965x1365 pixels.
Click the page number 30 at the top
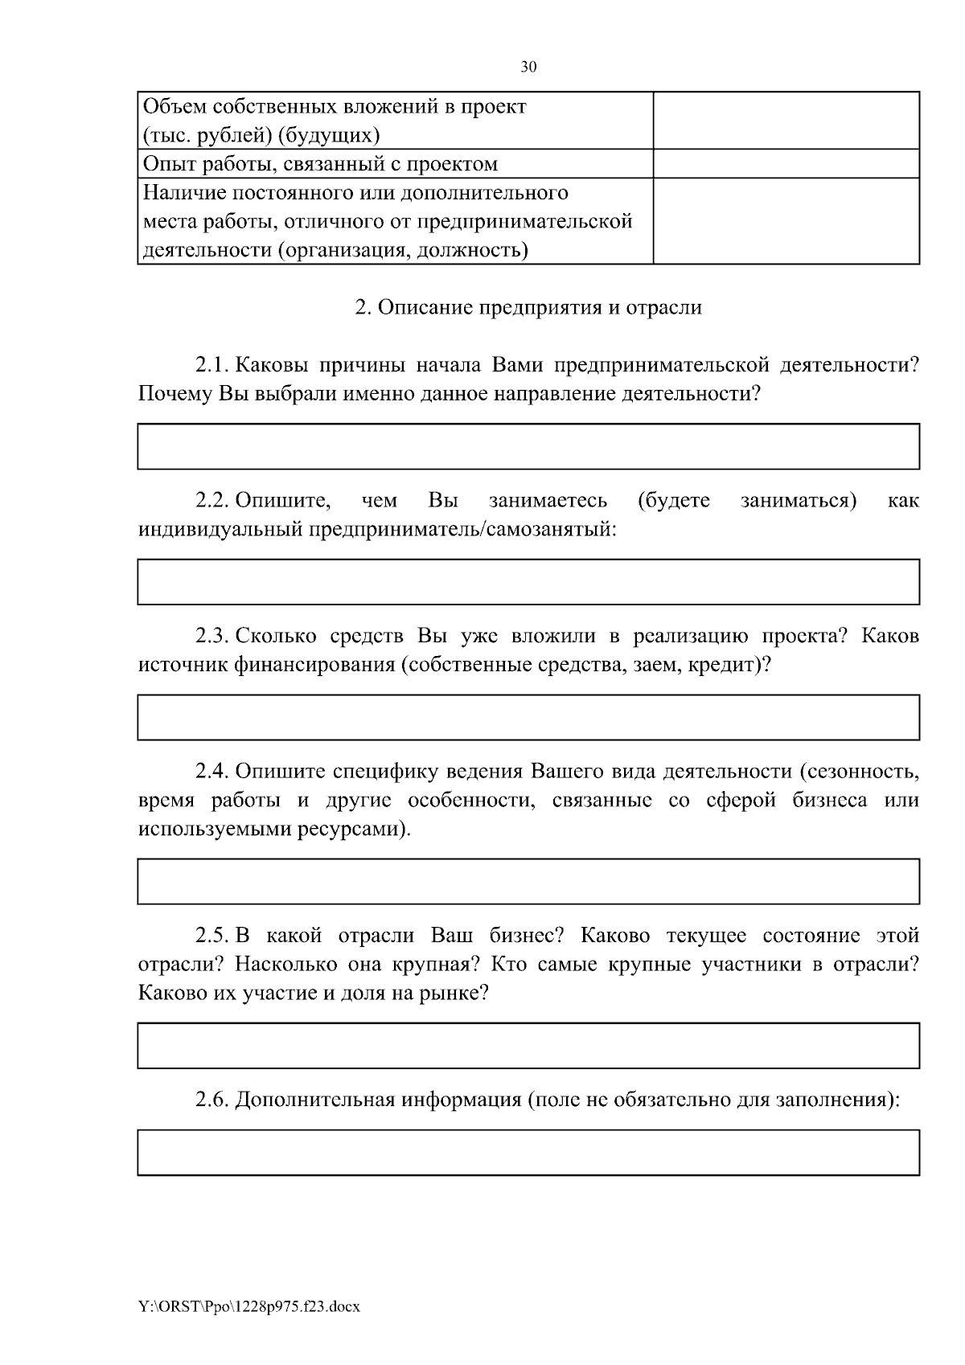[528, 68]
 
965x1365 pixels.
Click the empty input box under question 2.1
[528, 446]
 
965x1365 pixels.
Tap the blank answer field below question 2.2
[528, 582]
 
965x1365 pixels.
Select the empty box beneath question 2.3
[528, 717]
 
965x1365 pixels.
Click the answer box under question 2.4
[528, 881]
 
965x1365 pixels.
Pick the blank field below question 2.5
[528, 1045]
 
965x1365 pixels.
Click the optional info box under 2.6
[528, 1152]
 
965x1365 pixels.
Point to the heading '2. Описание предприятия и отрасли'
[528, 308]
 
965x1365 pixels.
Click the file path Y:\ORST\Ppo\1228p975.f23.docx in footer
[249, 1307]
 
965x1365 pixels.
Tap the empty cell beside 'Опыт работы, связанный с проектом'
[786, 164]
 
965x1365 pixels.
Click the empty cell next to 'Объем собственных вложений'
[786, 121]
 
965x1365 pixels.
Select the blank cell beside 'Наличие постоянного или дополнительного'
[786, 221]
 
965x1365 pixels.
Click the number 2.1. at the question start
[213, 366]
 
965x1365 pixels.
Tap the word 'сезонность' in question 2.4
[865, 772]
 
